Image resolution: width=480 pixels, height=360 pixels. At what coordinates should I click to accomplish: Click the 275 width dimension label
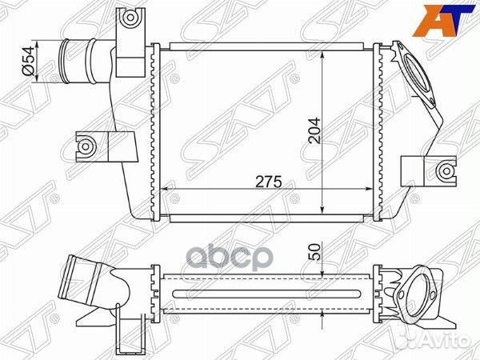(269, 182)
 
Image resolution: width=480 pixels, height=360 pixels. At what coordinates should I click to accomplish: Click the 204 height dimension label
(314, 130)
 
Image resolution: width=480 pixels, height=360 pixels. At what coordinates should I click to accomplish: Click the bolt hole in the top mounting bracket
(130, 17)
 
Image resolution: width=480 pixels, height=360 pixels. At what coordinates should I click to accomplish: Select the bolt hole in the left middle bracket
(86, 146)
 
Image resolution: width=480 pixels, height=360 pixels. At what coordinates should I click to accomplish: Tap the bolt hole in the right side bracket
(446, 171)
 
